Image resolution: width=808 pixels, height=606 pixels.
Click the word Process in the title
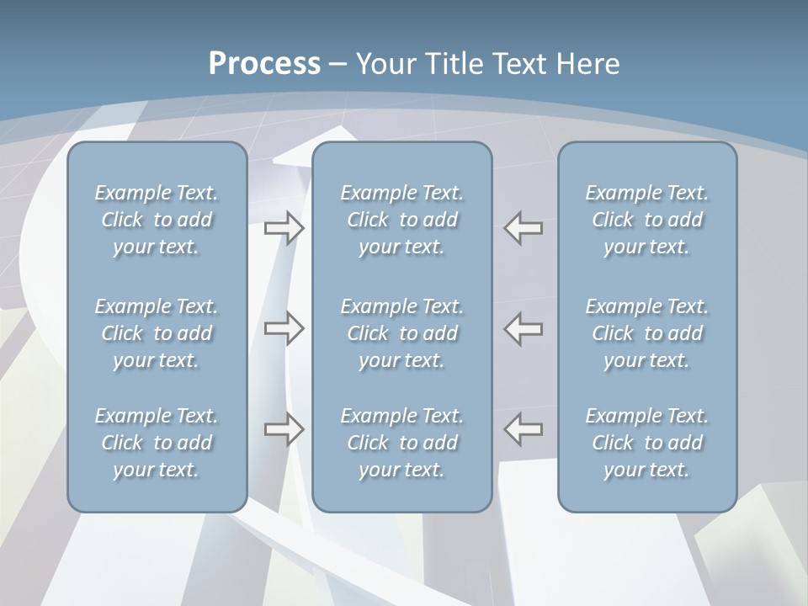pyautogui.click(x=264, y=64)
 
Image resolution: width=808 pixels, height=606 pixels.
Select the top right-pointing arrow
pyautogui.click(x=284, y=228)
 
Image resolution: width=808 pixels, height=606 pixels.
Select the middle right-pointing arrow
pyautogui.click(x=284, y=328)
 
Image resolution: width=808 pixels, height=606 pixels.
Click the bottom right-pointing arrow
pyautogui.click(x=284, y=429)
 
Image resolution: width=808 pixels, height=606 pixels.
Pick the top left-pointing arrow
pyautogui.click(x=524, y=228)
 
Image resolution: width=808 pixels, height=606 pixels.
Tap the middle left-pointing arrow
pyautogui.click(x=524, y=328)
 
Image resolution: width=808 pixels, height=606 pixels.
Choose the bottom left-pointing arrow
pyautogui.click(x=524, y=429)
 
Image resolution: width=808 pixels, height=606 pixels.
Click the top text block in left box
pyautogui.click(x=157, y=220)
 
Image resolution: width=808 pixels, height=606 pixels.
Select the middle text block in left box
pyautogui.click(x=157, y=333)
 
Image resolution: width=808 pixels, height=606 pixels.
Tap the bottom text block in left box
pyautogui.click(x=157, y=443)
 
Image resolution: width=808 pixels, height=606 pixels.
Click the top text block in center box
pyautogui.click(x=402, y=220)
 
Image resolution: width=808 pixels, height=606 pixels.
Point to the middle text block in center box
pyautogui.click(x=402, y=333)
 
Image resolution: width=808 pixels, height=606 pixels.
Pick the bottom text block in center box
pyautogui.click(x=402, y=443)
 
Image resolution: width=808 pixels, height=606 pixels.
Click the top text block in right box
pyautogui.click(x=647, y=220)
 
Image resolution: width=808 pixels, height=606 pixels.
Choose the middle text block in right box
pyautogui.click(x=647, y=333)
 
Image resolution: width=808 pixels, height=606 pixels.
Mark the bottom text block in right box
pyautogui.click(x=647, y=443)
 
